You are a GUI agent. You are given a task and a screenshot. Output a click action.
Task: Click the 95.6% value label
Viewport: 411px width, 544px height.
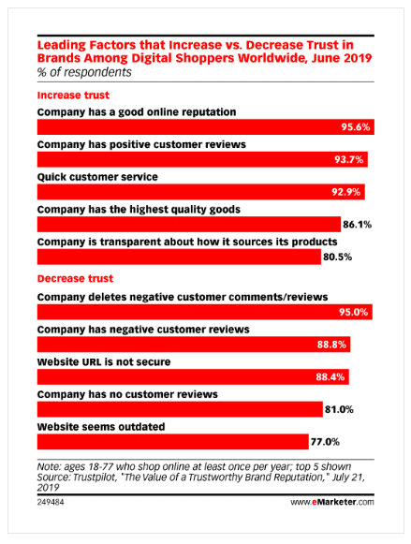(356, 127)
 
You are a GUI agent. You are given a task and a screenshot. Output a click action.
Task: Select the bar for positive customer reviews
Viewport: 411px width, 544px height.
(202, 159)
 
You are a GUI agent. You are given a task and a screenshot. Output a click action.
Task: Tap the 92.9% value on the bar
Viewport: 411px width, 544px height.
(346, 192)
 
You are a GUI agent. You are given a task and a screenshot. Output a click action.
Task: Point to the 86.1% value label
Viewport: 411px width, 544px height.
(358, 225)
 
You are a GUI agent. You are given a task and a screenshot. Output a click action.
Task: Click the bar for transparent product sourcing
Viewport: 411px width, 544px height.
(180, 257)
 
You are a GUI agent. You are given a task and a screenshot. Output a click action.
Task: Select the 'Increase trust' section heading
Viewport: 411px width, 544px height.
(73, 96)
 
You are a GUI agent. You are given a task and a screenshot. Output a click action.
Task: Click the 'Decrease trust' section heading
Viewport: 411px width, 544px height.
(75, 279)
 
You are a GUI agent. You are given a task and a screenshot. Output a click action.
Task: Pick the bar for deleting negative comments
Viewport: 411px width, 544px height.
(205, 312)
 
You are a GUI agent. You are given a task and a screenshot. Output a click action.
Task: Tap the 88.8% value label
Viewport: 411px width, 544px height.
(331, 345)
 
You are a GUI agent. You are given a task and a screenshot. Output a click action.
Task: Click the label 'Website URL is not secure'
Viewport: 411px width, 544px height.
(104, 361)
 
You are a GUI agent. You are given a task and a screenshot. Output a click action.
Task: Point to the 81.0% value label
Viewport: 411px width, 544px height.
(339, 410)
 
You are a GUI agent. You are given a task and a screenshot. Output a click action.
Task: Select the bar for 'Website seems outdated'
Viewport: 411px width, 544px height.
(173, 442)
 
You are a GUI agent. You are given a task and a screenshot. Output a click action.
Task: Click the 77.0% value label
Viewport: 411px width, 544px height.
(325, 442)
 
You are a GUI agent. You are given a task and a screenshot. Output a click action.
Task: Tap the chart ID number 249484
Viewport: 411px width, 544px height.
(51, 502)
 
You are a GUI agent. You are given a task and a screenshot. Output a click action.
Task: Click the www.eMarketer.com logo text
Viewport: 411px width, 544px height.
(332, 502)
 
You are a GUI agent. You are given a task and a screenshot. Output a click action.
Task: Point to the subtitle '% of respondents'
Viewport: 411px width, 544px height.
(84, 72)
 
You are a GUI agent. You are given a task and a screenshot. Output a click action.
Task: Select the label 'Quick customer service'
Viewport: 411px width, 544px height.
(97, 177)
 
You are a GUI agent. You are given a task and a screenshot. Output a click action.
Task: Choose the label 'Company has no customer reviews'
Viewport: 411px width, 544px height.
(127, 394)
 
